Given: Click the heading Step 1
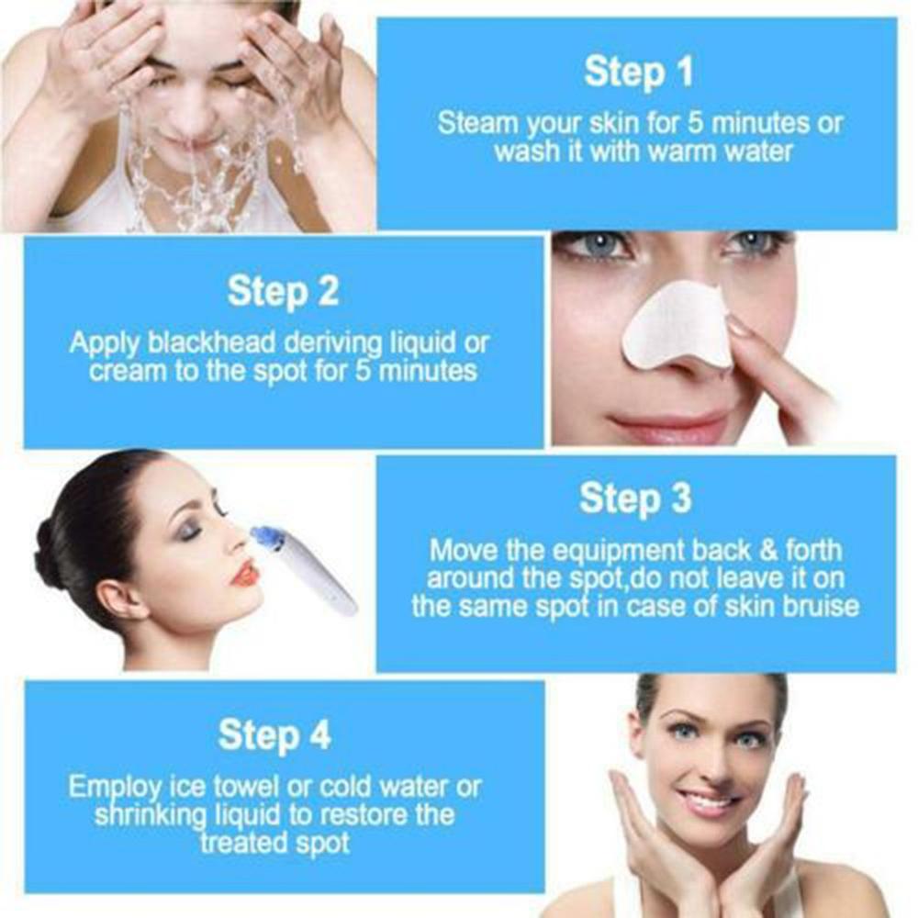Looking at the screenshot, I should coord(638,73).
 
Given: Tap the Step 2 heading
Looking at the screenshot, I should coord(283,291).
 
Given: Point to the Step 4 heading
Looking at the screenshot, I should coord(274,735).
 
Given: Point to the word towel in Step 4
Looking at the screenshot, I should coord(240,787).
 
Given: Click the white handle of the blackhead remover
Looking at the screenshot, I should coord(317,578).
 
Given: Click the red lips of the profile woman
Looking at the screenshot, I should coord(245,575).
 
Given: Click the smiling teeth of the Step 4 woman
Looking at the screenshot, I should coord(707,799).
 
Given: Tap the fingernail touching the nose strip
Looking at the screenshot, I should coord(737,325).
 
